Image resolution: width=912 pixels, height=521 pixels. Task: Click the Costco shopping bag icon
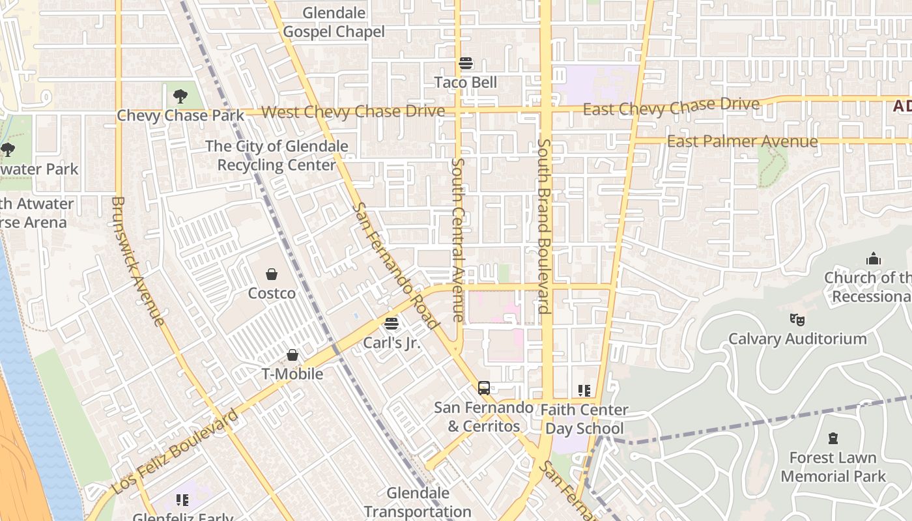[272, 275]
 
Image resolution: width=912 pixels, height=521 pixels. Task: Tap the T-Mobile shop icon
[292, 355]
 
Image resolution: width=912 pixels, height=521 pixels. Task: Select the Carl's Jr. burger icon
[392, 323]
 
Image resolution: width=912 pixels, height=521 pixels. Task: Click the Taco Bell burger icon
[466, 63]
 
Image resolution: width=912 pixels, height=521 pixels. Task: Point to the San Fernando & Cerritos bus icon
[483, 388]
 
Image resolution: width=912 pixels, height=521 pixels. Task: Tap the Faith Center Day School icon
[584, 391]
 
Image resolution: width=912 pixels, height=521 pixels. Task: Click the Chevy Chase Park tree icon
[180, 97]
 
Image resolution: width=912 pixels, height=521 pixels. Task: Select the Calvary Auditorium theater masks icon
[797, 320]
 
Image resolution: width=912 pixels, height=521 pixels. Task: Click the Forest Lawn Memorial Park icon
[833, 438]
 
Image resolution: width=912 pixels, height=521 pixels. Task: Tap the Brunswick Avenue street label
[137, 260]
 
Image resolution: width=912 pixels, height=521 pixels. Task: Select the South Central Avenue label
[458, 239]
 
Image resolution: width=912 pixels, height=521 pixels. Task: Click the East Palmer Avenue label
[742, 141]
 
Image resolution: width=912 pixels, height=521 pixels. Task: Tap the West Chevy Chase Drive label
[352, 111]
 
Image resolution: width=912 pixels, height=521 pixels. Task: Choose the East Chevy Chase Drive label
[671, 106]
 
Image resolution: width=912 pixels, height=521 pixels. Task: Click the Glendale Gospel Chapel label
[334, 22]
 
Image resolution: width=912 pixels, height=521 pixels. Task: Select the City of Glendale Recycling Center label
[277, 156]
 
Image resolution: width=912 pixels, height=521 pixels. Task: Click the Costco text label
[272, 294]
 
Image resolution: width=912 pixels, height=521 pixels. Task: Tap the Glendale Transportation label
[418, 502]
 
